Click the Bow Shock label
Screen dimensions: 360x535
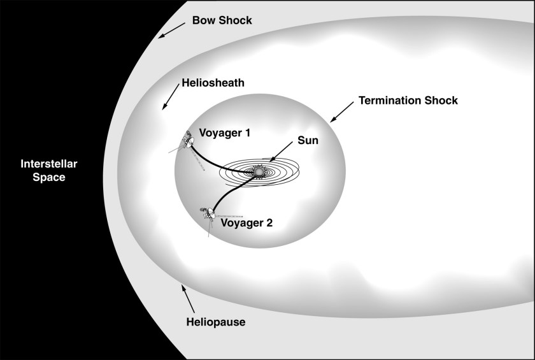(x=222, y=20)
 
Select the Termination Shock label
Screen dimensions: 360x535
(x=408, y=101)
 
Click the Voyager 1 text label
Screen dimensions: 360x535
(x=225, y=133)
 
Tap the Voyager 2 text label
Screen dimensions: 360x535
(x=246, y=223)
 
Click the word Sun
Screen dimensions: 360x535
(x=309, y=140)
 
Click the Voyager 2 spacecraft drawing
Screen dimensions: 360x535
(x=208, y=215)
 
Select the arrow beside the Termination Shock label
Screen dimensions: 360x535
(x=340, y=112)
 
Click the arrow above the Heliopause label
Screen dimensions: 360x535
(x=186, y=297)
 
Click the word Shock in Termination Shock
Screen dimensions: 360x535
(x=442, y=101)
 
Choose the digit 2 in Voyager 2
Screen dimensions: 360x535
(x=268, y=223)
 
